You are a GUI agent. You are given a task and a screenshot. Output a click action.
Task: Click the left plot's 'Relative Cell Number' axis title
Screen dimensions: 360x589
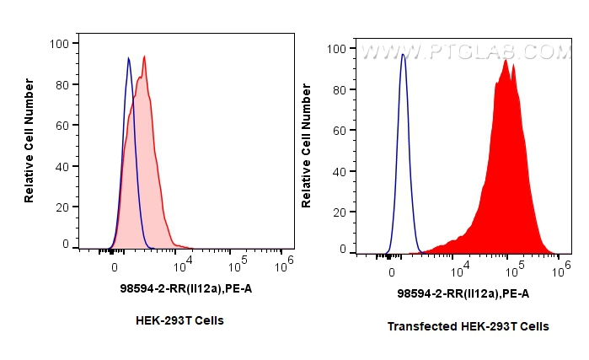point(29,140)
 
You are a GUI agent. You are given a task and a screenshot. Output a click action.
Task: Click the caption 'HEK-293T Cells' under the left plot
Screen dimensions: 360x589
point(179,320)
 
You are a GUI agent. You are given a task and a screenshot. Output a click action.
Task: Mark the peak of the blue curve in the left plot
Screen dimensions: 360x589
point(128,58)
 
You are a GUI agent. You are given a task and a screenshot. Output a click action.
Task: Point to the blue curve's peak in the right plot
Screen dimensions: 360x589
point(403,55)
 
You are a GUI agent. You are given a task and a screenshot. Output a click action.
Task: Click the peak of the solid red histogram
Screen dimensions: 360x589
point(506,61)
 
